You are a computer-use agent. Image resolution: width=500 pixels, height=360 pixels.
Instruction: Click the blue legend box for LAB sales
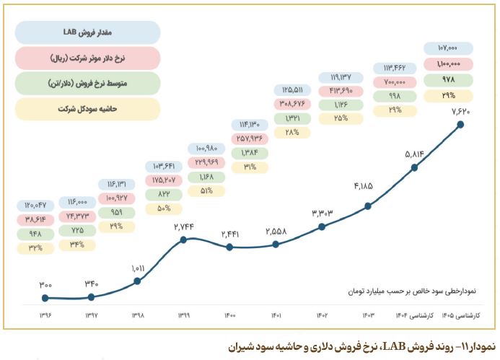pyautogui.click(x=87, y=32)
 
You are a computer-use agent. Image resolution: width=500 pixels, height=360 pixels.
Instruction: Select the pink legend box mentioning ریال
pyautogui.click(x=87, y=57)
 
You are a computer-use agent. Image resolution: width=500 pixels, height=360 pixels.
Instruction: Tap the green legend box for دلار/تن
pyautogui.click(x=87, y=82)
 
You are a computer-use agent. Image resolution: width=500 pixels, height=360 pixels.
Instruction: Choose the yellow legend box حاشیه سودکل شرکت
pyautogui.click(x=87, y=108)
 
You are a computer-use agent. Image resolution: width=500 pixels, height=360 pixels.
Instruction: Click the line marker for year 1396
pyautogui.click(x=45, y=297)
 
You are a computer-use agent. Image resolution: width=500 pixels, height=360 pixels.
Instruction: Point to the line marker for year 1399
pyautogui.click(x=184, y=239)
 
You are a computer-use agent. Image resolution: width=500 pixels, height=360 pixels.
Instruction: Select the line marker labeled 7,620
pyautogui.click(x=460, y=124)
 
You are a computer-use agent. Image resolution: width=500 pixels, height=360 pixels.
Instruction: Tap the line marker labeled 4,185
pyautogui.click(x=368, y=206)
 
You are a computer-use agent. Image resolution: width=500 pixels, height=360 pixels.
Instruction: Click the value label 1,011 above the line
pyautogui.click(x=138, y=269)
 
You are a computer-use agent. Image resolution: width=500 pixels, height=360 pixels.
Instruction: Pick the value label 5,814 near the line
pyautogui.click(x=414, y=153)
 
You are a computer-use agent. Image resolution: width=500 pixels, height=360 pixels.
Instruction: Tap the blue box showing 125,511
pyautogui.click(x=291, y=90)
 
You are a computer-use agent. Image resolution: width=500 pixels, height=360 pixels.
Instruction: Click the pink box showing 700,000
pyautogui.click(x=394, y=82)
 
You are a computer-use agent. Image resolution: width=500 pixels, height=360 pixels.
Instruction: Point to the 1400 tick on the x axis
pyautogui.click(x=229, y=315)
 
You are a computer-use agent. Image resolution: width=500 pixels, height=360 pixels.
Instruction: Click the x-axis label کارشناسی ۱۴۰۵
pyautogui.click(x=460, y=315)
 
